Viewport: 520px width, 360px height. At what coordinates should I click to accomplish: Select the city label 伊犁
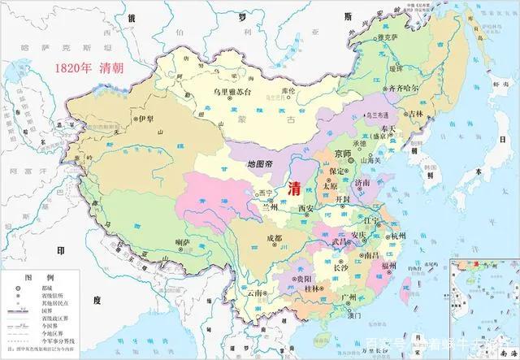pos(145,119)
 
